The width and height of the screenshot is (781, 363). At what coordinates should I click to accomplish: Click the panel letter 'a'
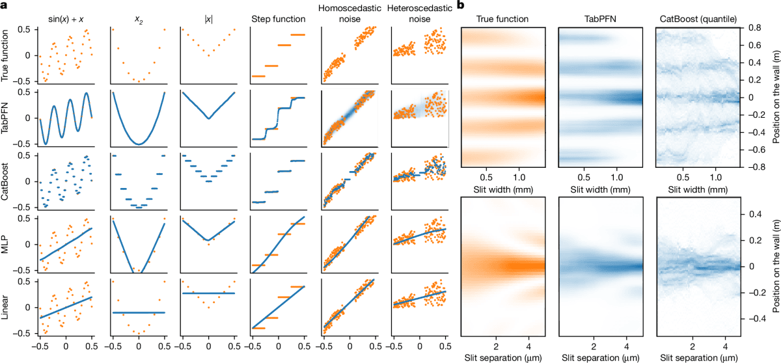tap(4, 6)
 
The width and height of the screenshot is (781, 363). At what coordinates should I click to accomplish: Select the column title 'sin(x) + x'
tap(66, 19)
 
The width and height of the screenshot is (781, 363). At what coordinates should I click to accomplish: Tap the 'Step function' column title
tap(279, 19)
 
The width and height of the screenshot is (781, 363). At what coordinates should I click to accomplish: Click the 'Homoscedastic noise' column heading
tap(349, 14)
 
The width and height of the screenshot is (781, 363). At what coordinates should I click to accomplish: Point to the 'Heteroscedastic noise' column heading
tap(419, 14)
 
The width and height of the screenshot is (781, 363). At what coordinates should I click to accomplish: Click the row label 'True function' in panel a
tap(5, 55)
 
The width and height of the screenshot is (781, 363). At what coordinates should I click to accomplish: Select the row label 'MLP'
tap(5, 244)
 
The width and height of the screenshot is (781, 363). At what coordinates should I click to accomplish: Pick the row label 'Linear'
tap(5, 307)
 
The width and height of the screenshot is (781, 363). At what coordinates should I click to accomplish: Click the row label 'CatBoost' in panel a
tap(5, 181)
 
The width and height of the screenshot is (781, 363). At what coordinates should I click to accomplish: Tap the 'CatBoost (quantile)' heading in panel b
tap(698, 19)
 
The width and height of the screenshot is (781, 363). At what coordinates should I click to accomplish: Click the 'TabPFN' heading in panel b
tap(600, 19)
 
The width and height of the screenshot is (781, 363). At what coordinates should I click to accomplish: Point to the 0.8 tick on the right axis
tap(754, 27)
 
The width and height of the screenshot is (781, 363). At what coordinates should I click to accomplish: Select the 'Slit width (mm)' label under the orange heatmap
tap(503, 189)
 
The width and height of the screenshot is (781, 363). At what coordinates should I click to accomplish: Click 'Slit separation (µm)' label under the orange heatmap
tap(503, 358)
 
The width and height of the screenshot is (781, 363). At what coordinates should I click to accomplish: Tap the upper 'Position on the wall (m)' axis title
tap(776, 97)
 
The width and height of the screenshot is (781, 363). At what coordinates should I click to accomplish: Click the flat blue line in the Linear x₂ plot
tap(139, 312)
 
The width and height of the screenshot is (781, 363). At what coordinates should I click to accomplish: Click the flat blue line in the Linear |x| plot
tap(208, 293)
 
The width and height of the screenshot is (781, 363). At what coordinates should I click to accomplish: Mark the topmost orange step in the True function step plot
tap(298, 35)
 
